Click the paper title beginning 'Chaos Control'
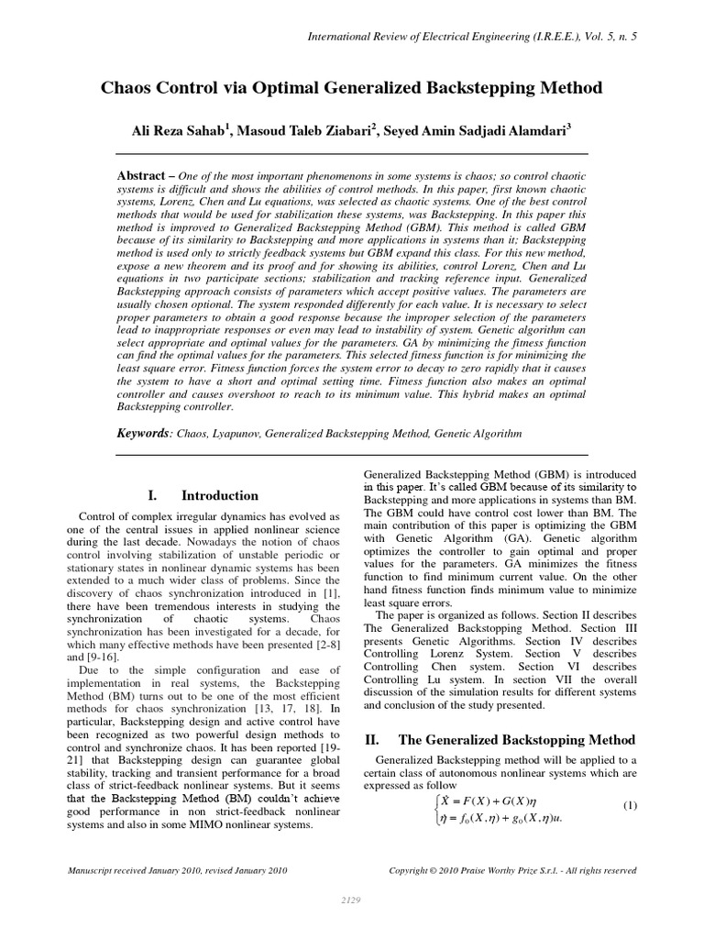351,88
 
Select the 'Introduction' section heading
220,496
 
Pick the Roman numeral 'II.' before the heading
372,738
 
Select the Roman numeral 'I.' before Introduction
153,496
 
